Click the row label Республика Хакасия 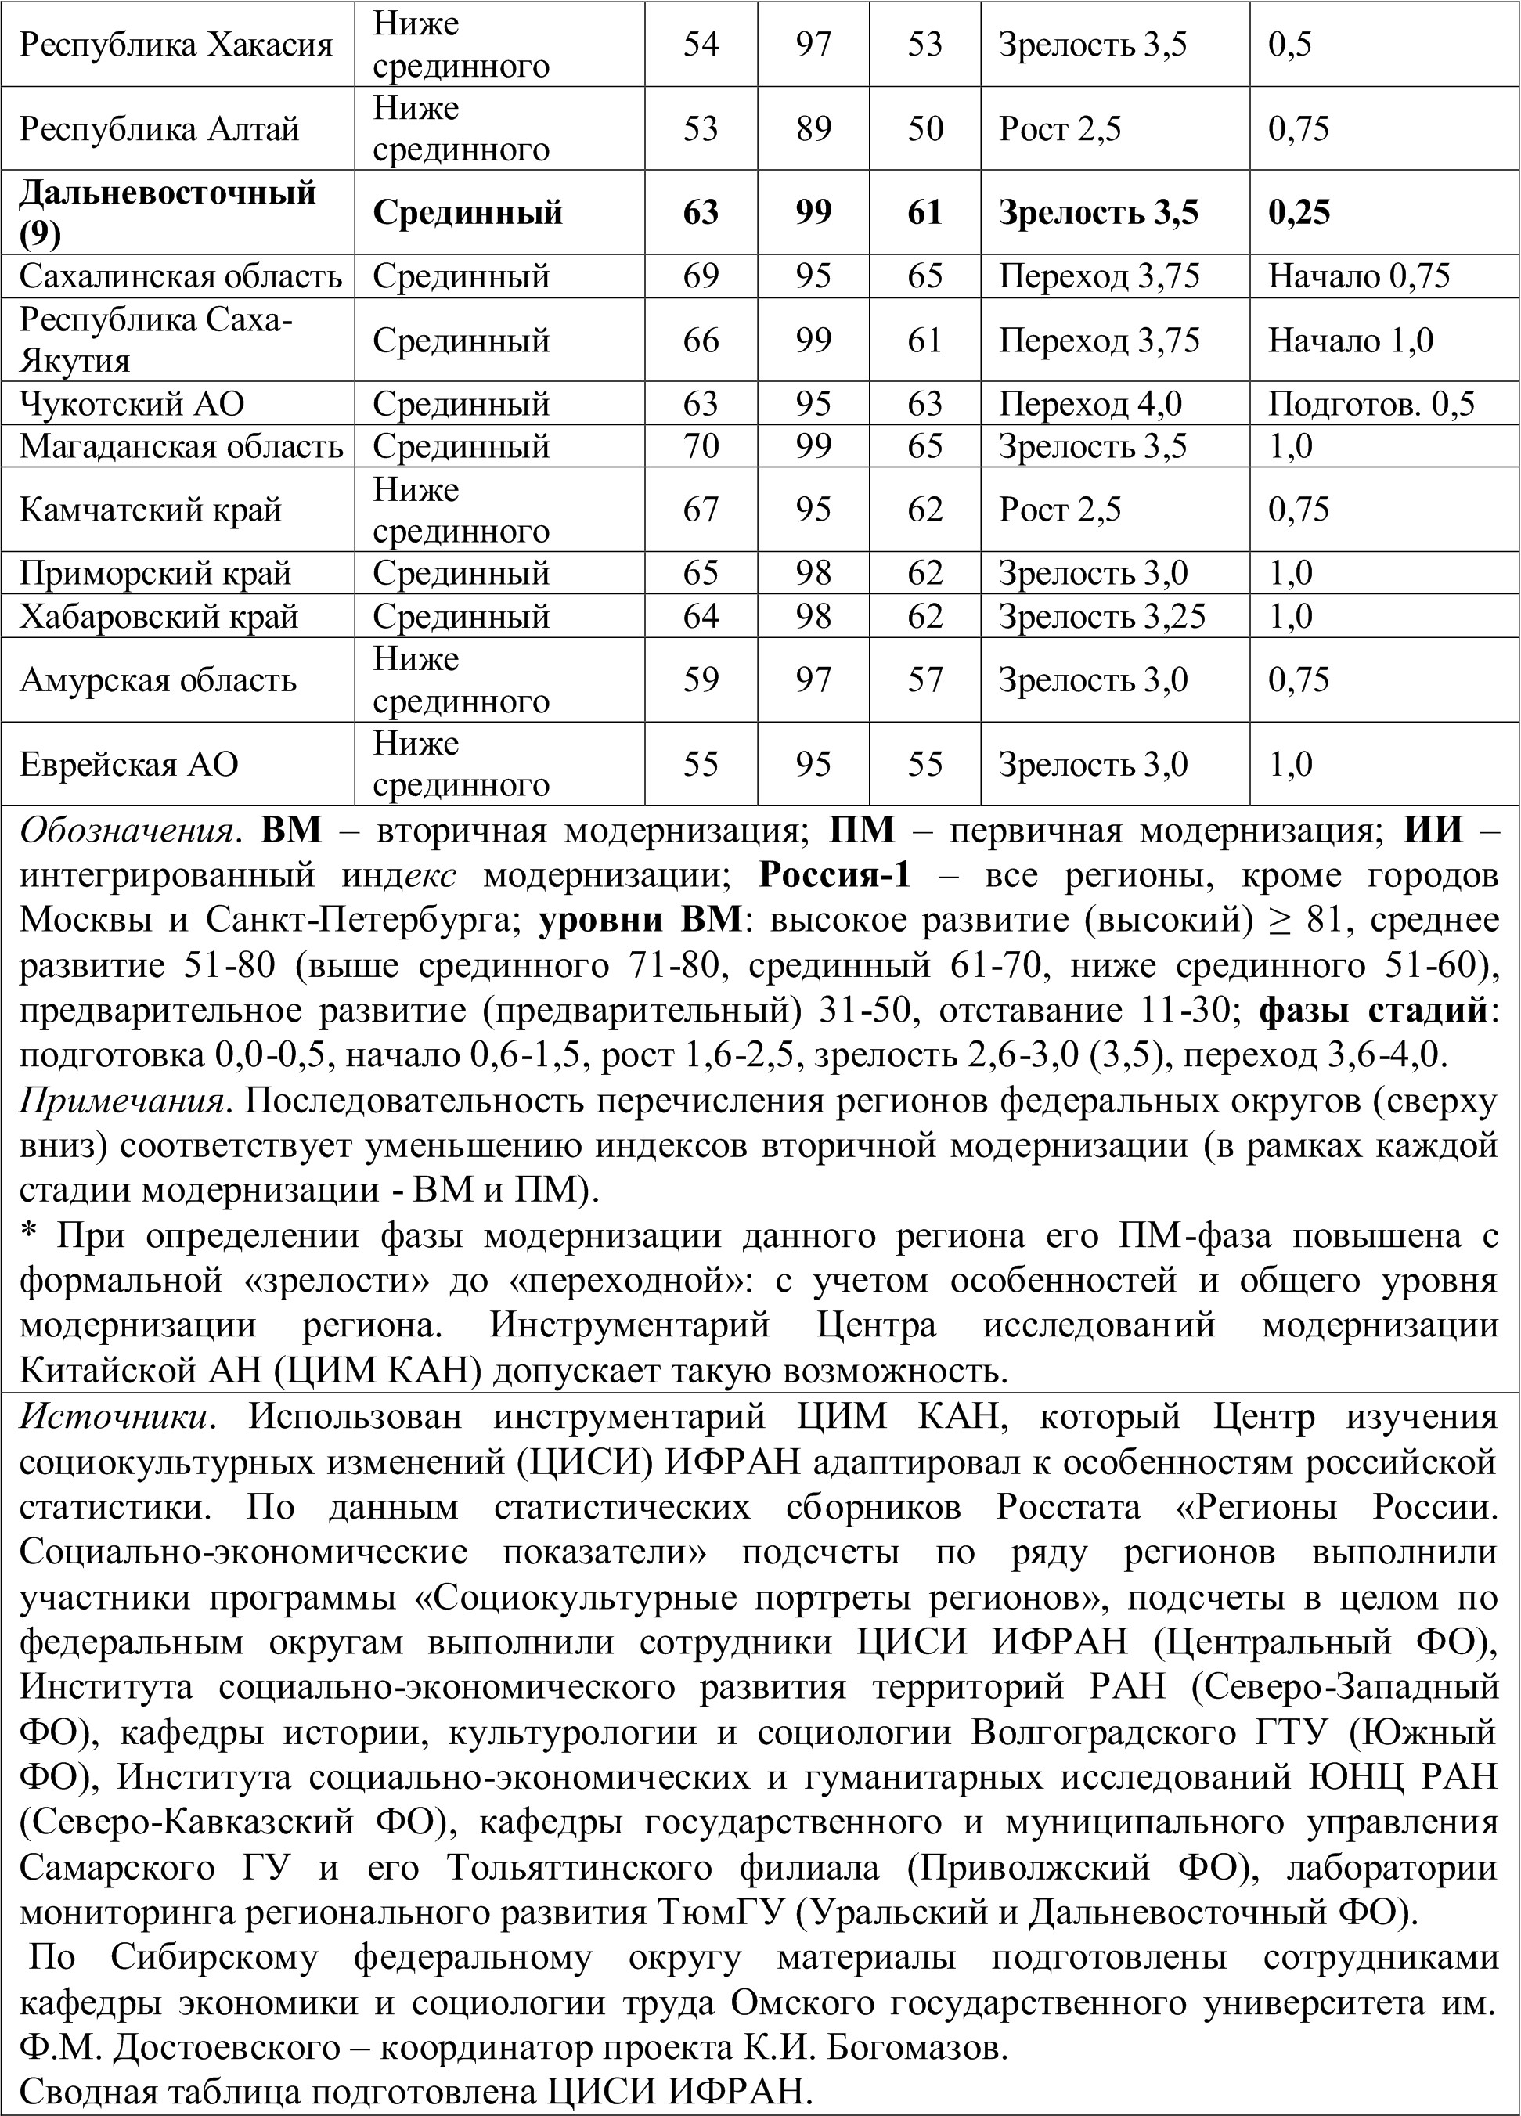(176, 45)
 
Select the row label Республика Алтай (160, 128)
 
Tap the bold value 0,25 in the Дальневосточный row (1298, 213)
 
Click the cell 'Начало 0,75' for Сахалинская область (1359, 276)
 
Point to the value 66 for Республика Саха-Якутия (701, 341)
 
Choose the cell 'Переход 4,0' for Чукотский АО (1090, 404)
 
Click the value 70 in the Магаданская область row (701, 446)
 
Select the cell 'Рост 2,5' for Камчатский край (1060, 510)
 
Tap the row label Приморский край (156, 573)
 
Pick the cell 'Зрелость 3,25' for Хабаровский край (1102, 616)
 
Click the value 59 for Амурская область (701, 679)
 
